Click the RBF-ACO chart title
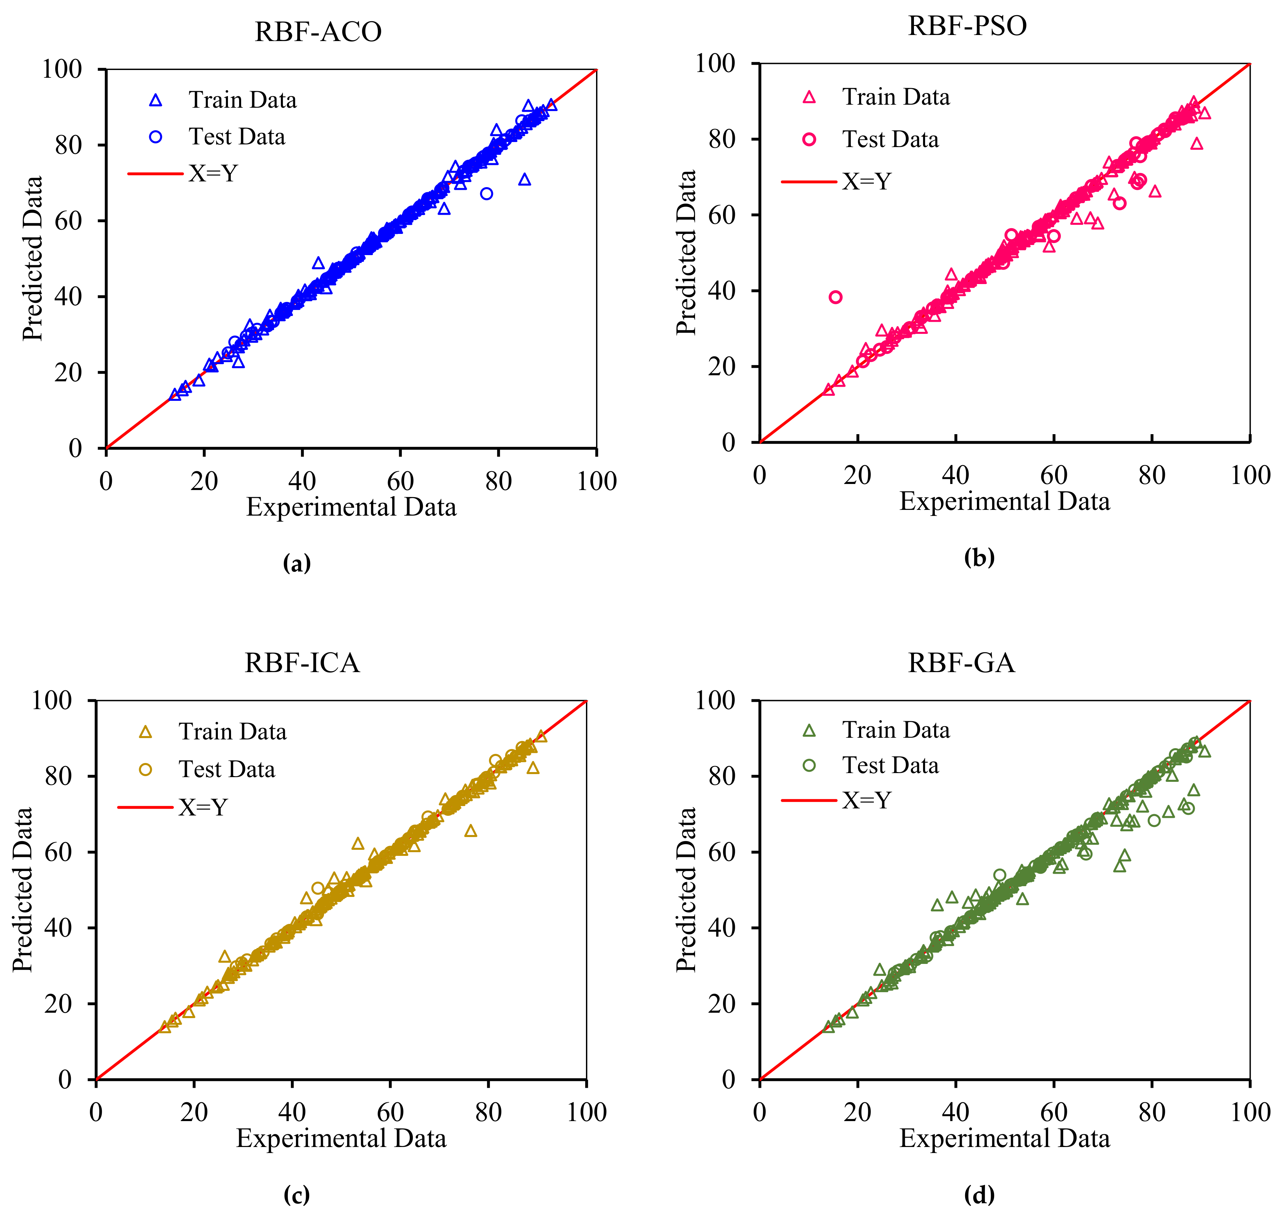click(318, 32)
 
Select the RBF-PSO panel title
click(967, 26)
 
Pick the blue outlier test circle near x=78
click(486, 193)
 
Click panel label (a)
click(297, 563)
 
